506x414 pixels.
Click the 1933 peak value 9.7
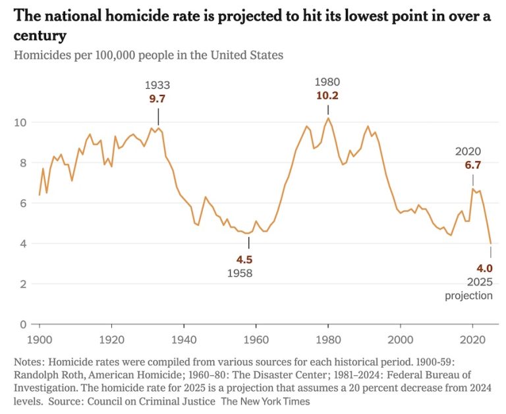click(157, 98)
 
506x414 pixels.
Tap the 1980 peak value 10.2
click(327, 95)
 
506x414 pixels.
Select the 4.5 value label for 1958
click(244, 259)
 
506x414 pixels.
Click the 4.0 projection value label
click(485, 268)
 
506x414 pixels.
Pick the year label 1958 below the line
click(240, 273)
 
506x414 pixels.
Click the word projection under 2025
click(468, 296)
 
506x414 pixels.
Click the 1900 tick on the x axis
click(40, 340)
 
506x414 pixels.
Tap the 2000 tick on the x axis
click(400, 340)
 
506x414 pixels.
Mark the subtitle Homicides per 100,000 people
click(148, 55)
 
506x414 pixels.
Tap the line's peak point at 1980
click(328, 118)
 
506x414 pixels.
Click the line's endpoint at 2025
click(491, 244)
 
